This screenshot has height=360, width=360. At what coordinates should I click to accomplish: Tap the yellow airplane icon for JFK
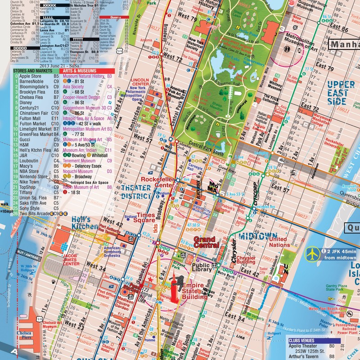[x=311, y=254]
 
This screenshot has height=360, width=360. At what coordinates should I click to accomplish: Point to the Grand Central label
[x=206, y=242]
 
